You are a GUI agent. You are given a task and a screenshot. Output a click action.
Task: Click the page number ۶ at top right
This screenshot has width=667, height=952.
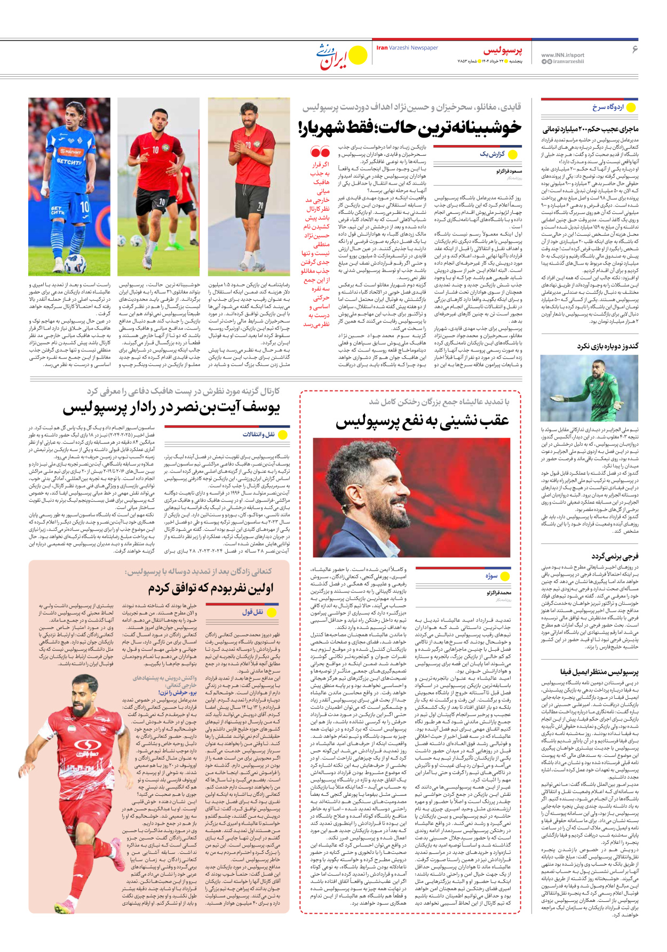pos(634,50)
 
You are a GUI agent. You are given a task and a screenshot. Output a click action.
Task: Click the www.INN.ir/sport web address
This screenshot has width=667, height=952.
pos(562,55)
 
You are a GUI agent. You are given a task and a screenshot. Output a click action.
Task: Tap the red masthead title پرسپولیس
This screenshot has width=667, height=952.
pos(503,51)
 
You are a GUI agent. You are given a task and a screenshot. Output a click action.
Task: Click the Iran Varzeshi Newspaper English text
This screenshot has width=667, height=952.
pos(407,48)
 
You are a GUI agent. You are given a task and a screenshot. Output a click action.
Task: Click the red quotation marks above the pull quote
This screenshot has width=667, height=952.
pos(320,152)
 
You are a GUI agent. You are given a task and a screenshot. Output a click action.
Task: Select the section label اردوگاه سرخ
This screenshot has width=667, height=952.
pos(608,107)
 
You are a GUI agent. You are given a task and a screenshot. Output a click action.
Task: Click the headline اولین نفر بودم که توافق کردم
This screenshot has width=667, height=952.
pos(210,588)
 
